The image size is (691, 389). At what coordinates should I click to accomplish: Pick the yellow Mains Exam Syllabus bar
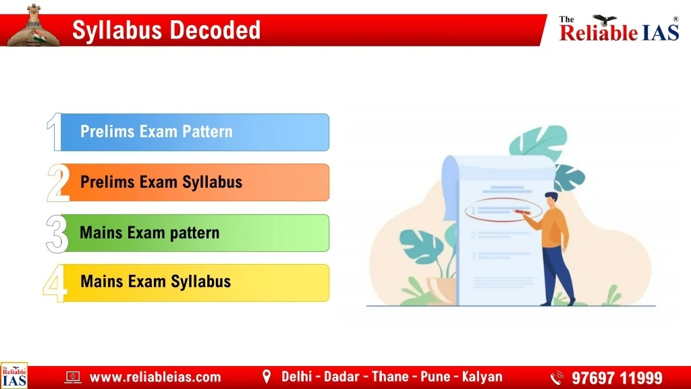196,283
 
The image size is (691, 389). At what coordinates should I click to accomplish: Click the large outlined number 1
55,132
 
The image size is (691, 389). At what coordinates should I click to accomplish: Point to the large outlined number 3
57,234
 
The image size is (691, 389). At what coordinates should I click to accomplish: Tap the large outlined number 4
55,284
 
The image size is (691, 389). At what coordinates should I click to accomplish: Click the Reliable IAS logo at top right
619,28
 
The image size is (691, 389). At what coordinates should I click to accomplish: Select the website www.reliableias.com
155,377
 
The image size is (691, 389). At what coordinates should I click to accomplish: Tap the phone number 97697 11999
617,378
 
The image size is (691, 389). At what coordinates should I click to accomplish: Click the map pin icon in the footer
267,376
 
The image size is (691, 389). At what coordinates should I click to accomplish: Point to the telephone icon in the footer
557,378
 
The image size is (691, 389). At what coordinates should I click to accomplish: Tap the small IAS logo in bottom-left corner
14,375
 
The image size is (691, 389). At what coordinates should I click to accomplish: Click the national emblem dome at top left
34,26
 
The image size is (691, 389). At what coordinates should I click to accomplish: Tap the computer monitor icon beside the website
73,377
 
